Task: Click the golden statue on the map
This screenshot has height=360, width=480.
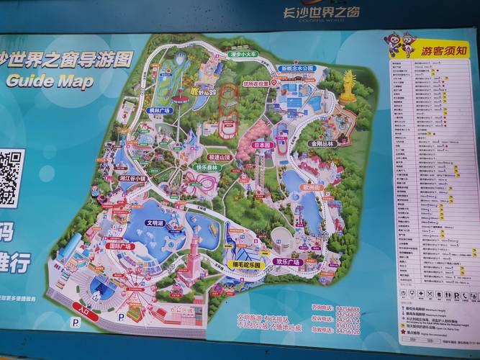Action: pos(349,86)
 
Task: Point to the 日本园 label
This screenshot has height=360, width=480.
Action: pos(263,145)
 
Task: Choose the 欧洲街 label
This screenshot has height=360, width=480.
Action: pos(312,186)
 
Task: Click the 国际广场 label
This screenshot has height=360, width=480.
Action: pos(119,246)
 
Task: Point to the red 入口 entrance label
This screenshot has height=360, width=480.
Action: pos(85,311)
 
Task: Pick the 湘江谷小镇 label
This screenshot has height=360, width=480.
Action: pos(132,178)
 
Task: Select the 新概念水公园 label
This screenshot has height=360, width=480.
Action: pos(297,68)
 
